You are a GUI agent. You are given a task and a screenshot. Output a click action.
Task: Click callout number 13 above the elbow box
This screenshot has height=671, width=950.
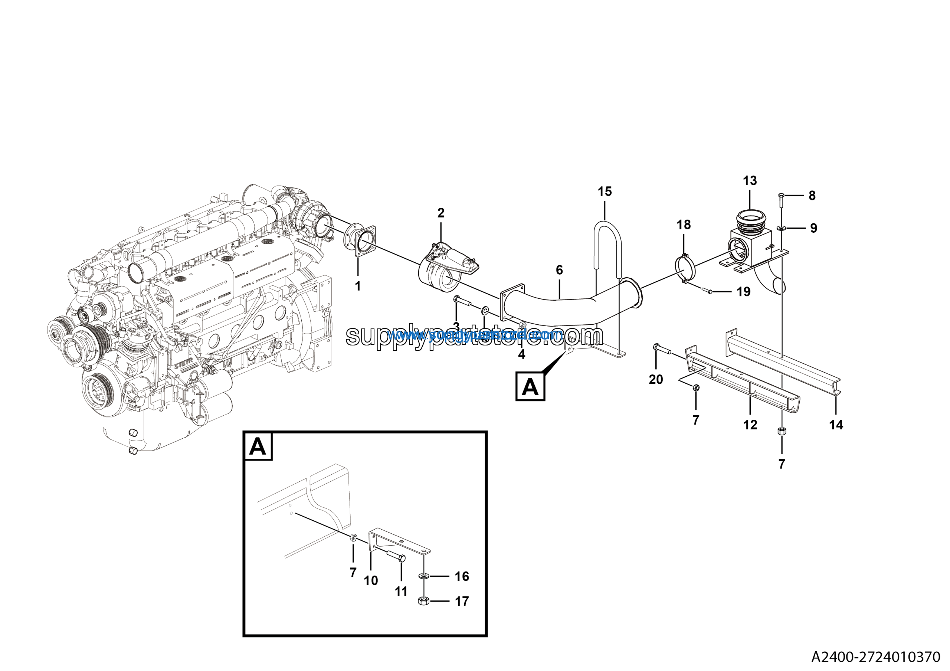pyautogui.click(x=750, y=181)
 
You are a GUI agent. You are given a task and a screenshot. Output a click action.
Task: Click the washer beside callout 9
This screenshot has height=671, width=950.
pyautogui.click(x=782, y=228)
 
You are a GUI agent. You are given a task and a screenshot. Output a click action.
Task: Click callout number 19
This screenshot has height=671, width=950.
pyautogui.click(x=743, y=292)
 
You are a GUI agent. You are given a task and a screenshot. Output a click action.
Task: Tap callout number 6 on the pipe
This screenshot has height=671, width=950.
pyautogui.click(x=559, y=270)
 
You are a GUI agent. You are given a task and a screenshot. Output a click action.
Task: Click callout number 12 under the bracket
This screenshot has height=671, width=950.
pyautogui.click(x=750, y=425)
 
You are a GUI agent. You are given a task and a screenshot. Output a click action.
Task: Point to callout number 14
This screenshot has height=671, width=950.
pyautogui.click(x=836, y=425)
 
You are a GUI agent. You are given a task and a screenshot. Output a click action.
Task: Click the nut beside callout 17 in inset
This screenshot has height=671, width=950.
pyautogui.click(x=423, y=601)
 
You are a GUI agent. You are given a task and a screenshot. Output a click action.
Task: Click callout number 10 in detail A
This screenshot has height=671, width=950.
pyautogui.click(x=371, y=580)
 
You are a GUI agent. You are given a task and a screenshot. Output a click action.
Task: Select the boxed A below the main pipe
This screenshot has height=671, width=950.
pyautogui.click(x=530, y=386)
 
